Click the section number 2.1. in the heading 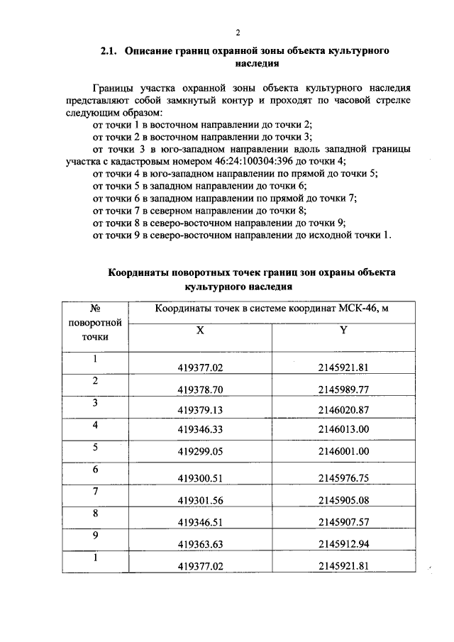109,51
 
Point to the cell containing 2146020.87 344,410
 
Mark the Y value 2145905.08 344,499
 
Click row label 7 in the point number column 94,492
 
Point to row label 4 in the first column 94,425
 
